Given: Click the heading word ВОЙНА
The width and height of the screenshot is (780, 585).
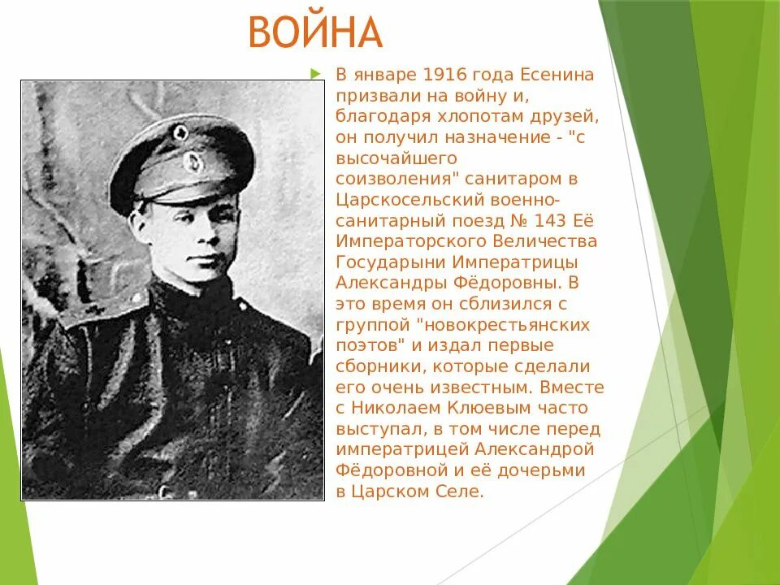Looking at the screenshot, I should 314,33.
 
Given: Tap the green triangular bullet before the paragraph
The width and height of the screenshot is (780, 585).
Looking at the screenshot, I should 317,75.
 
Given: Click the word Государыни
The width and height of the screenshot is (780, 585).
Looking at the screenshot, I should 379,262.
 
